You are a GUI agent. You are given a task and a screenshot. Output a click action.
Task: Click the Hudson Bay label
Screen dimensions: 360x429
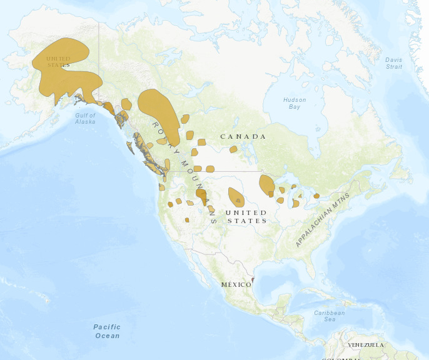coord(295,103)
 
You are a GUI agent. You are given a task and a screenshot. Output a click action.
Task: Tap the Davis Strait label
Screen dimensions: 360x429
coord(394,63)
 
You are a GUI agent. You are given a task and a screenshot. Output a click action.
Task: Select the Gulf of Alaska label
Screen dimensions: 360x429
coord(85,118)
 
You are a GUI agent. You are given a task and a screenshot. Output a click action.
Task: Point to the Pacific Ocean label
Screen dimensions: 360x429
coord(107,331)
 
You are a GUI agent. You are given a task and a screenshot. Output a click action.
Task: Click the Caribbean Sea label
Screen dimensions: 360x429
coord(329,316)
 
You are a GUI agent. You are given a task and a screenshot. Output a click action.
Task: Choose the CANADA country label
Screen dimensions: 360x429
coord(243,136)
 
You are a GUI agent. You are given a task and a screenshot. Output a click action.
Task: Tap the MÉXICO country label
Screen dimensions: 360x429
coord(236,284)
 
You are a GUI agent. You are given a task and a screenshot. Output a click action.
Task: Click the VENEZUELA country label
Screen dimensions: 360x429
coord(365,345)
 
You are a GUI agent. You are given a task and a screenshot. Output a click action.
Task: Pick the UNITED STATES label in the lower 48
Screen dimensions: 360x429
coord(246,217)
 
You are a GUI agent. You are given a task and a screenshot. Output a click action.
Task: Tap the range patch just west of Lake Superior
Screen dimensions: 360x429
coord(266,184)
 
